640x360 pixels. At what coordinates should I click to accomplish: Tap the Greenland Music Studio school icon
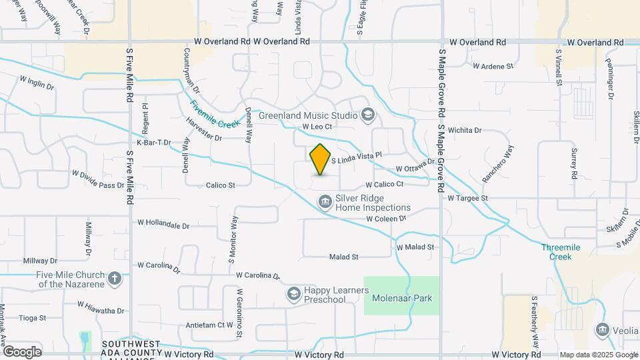pyautogui.click(x=367, y=115)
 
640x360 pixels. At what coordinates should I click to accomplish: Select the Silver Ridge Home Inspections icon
pyautogui.click(x=325, y=201)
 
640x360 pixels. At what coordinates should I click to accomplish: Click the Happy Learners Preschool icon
pyautogui.click(x=293, y=293)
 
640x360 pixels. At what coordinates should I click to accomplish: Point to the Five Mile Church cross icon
pyautogui.click(x=115, y=279)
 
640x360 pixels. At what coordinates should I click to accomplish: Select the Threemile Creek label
pyautogui.click(x=556, y=251)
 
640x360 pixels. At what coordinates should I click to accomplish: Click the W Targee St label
pyautogui.click(x=468, y=198)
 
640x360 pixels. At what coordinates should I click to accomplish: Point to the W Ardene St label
pyautogui.click(x=493, y=66)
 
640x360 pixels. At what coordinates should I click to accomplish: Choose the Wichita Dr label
pyautogui.click(x=465, y=130)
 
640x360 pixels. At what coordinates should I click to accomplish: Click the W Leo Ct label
pyautogui.click(x=317, y=126)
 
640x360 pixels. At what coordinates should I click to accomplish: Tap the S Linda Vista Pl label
pyautogui.click(x=356, y=157)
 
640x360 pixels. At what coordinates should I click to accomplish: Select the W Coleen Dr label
pyautogui.click(x=386, y=219)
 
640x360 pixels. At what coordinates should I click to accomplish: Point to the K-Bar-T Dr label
pyautogui.click(x=154, y=142)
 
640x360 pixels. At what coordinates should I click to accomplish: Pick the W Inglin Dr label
pyautogui.click(x=37, y=82)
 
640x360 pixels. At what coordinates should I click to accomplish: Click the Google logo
pyautogui.click(x=22, y=351)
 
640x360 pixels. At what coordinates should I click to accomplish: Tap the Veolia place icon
pyautogui.click(x=603, y=329)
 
